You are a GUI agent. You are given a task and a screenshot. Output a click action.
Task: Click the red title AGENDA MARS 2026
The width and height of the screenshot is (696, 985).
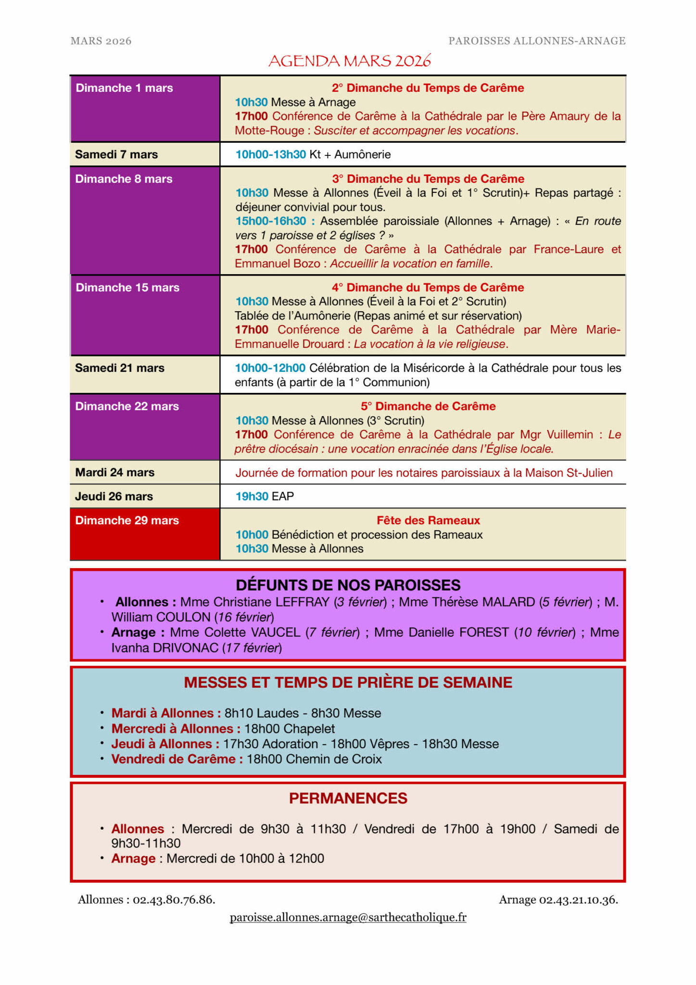click(x=349, y=61)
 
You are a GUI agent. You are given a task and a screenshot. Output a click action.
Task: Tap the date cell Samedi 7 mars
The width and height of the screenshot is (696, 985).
click(x=116, y=154)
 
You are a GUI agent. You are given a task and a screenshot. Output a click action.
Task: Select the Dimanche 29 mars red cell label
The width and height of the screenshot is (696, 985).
click(x=127, y=520)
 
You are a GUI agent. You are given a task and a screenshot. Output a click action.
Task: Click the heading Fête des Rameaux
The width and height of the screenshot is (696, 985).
click(x=428, y=520)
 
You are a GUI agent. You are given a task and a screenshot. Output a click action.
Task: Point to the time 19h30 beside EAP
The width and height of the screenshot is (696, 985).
click(x=252, y=496)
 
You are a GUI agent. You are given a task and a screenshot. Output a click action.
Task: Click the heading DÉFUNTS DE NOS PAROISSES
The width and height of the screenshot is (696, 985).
click(x=348, y=585)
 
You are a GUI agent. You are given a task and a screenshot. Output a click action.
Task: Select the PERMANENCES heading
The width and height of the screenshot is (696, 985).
click(x=348, y=798)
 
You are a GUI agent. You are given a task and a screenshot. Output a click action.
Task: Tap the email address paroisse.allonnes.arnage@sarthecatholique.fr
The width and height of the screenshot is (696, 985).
click(x=348, y=917)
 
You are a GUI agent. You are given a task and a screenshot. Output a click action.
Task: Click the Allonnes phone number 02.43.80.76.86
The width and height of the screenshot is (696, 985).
click(x=174, y=899)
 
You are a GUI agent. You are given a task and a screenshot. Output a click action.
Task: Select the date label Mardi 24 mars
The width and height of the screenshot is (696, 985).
click(x=114, y=472)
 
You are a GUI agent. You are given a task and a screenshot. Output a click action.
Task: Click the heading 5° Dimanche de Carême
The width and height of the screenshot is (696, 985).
click(x=428, y=406)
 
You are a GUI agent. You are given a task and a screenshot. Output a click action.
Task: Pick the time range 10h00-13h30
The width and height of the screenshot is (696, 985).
click(x=271, y=154)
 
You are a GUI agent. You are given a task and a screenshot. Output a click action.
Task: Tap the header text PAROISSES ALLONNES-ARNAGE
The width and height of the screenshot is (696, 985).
click(x=537, y=41)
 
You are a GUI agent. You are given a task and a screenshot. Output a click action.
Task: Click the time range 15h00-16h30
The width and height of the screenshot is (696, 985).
click(x=271, y=221)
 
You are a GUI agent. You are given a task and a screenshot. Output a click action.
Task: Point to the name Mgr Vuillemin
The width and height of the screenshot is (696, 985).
click(x=557, y=435)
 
